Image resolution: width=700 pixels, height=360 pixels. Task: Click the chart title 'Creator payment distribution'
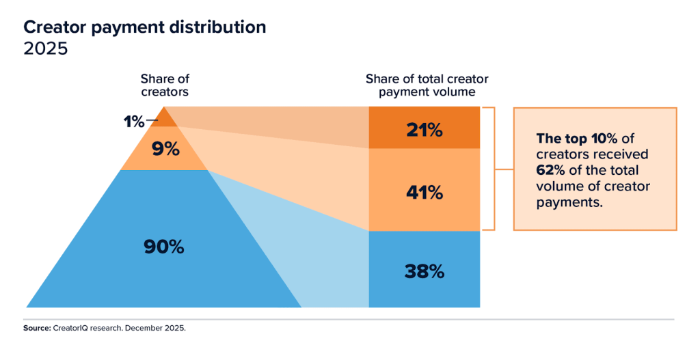click(x=145, y=28)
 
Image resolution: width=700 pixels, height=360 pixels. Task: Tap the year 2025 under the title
click(x=46, y=50)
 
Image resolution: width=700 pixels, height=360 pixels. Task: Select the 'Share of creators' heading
click(x=164, y=85)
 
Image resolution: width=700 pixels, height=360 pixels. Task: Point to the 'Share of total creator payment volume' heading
click(x=427, y=85)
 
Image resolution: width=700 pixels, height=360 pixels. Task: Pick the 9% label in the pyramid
click(x=164, y=148)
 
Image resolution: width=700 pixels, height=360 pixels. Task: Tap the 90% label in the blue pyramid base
click(x=164, y=247)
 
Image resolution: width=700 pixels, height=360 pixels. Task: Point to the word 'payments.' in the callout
click(x=565, y=202)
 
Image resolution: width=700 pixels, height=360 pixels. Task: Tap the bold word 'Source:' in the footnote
click(x=36, y=328)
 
